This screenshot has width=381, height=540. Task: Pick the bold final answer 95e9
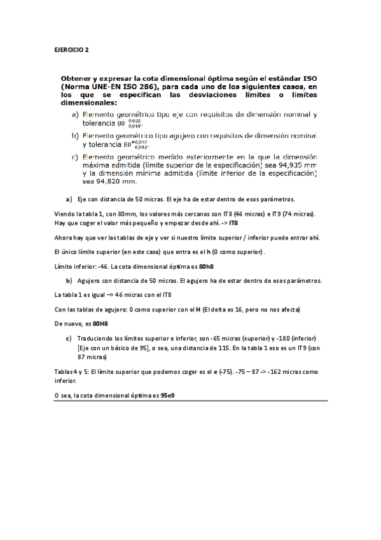pyautogui.click(x=168, y=395)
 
